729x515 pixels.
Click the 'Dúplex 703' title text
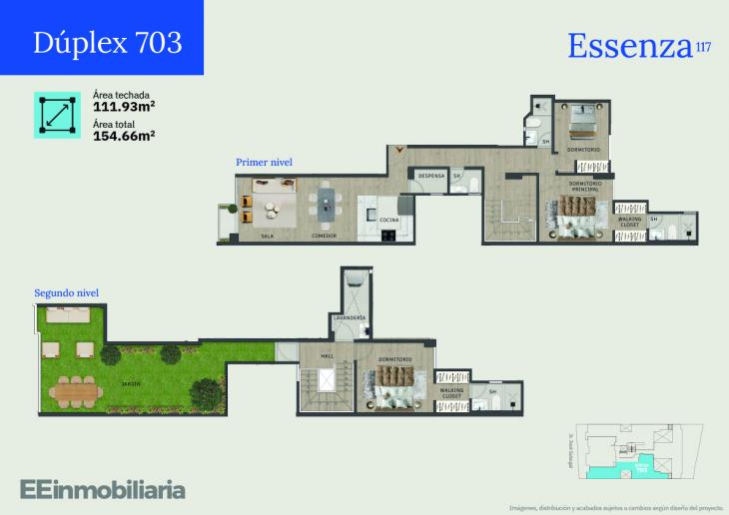point(107,42)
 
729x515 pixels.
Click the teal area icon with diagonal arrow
point(57,115)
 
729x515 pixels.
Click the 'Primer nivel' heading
point(264,162)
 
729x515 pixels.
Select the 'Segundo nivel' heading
point(66,292)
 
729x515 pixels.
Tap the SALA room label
point(267,237)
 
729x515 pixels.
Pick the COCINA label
point(389,220)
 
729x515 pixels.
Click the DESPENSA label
point(430,177)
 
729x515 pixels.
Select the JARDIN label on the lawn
point(131,383)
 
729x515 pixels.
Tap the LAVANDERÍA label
point(350,318)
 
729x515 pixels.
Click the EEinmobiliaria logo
point(102,489)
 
